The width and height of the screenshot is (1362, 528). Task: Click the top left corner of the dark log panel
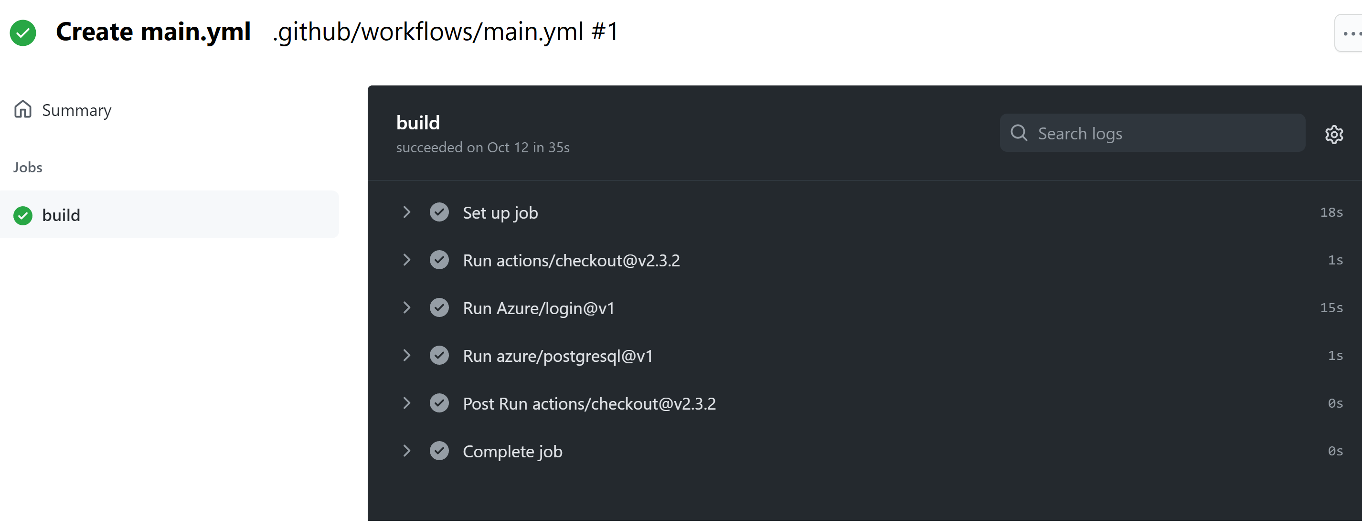click(x=368, y=85)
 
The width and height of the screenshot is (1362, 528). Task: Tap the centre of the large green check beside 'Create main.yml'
click(x=23, y=33)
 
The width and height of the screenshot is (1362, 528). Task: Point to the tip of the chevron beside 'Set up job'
click(x=410, y=212)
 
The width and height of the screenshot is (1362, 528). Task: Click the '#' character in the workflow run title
click(x=598, y=32)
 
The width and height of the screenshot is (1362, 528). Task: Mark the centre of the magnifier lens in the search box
click(x=1018, y=132)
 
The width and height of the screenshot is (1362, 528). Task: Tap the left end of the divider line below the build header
click(x=368, y=181)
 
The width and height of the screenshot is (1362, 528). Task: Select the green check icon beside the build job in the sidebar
click(x=23, y=216)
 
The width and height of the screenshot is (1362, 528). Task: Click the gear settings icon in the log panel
click(x=1334, y=134)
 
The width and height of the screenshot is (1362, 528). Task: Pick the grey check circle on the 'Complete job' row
click(x=439, y=451)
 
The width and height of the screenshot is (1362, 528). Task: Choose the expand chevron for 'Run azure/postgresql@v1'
click(x=406, y=355)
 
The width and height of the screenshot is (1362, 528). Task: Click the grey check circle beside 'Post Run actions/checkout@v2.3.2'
click(x=439, y=403)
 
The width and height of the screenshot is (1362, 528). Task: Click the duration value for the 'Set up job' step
click(x=1331, y=212)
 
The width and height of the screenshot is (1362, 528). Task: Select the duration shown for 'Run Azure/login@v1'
click(x=1331, y=307)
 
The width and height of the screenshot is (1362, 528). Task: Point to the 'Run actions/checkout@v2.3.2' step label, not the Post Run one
click(x=572, y=261)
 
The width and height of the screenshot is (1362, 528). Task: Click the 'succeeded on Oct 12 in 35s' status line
click(x=483, y=148)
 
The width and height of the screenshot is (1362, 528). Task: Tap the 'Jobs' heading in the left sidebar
click(x=28, y=168)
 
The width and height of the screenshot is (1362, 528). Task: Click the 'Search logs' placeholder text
click(x=1080, y=134)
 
